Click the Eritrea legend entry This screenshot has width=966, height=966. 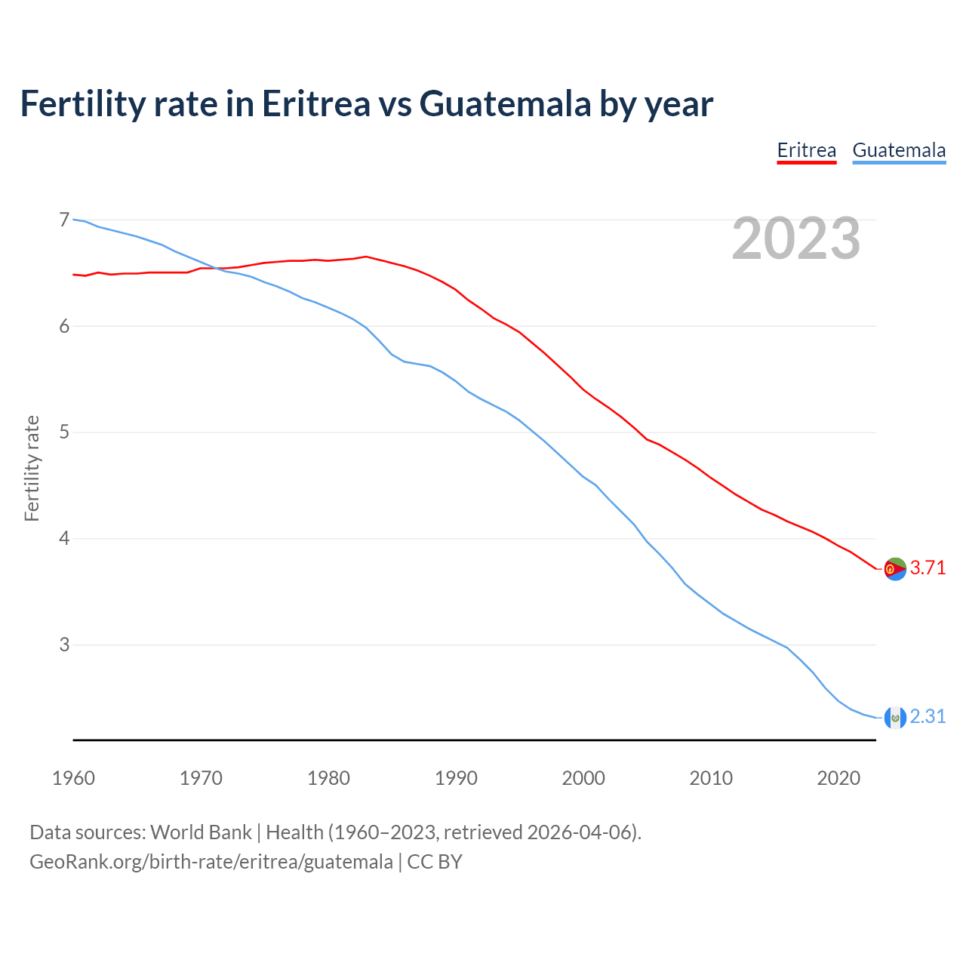coord(807,150)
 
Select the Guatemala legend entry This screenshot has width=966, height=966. coord(899,150)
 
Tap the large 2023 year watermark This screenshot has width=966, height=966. coord(795,238)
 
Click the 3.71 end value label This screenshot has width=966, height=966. coord(928,568)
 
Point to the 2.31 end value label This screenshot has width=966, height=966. coord(928,716)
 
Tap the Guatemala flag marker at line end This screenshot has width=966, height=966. coord(894,717)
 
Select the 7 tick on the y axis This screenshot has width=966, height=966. coord(64,220)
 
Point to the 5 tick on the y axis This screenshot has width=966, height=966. coord(64,432)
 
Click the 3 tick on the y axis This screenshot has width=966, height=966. coord(64,645)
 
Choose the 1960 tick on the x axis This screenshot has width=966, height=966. coord(73,778)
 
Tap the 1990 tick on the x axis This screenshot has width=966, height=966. coord(456,778)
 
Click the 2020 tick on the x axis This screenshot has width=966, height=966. coord(838,778)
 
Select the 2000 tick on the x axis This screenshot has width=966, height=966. coord(583,778)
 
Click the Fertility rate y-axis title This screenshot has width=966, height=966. coord(32,468)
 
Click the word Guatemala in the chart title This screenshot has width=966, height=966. coord(505,104)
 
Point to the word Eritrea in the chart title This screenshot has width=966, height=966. coord(316,104)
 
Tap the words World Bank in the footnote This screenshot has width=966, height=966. coord(201,832)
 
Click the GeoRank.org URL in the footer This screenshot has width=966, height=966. coord(211,862)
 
